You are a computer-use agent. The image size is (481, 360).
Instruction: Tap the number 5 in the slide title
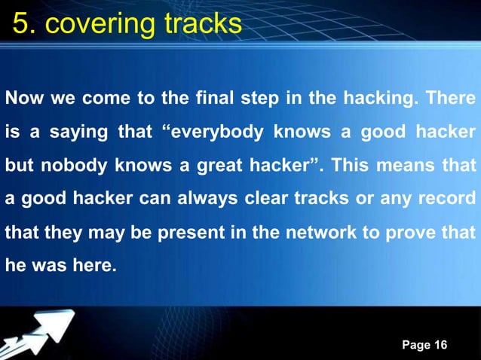(x=21, y=24)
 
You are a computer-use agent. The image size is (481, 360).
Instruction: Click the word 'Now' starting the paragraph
(x=21, y=99)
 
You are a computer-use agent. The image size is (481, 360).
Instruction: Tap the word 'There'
(x=451, y=99)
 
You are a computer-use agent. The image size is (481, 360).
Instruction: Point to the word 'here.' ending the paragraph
(x=98, y=267)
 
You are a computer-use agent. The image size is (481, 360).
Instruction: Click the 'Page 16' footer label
(x=424, y=345)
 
